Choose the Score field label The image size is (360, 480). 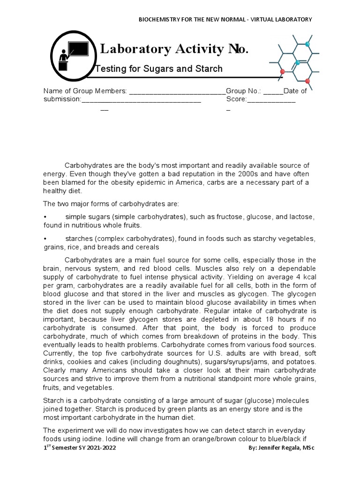236,99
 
